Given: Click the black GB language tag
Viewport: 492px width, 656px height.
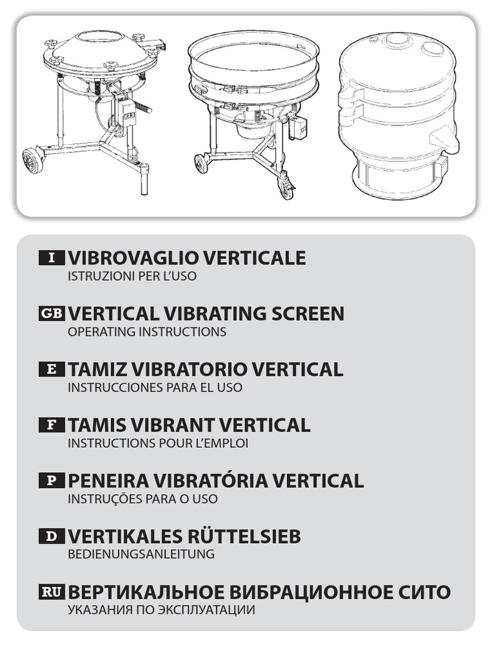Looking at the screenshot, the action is point(51,313).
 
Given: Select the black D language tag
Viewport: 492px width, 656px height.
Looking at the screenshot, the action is point(51,536).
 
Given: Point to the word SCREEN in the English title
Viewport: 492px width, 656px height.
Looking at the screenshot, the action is point(307,313).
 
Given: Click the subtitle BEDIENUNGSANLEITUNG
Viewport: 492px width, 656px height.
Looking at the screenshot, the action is point(141,554).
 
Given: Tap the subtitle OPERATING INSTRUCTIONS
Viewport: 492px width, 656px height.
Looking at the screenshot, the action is point(147,331).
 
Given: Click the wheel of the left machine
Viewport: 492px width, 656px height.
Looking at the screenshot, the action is point(33,161).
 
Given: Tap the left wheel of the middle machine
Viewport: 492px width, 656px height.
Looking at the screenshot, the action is point(202,165).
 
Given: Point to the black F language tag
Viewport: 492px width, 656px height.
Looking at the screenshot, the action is point(51,425).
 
